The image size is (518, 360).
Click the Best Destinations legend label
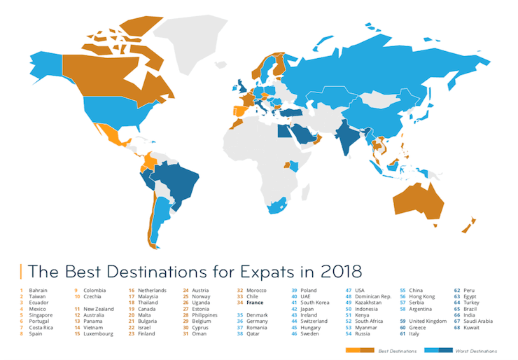pos(393,349)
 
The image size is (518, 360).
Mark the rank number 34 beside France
pos(240,303)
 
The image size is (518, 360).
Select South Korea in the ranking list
pos(316,303)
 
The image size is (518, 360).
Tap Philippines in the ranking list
pos(208,314)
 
